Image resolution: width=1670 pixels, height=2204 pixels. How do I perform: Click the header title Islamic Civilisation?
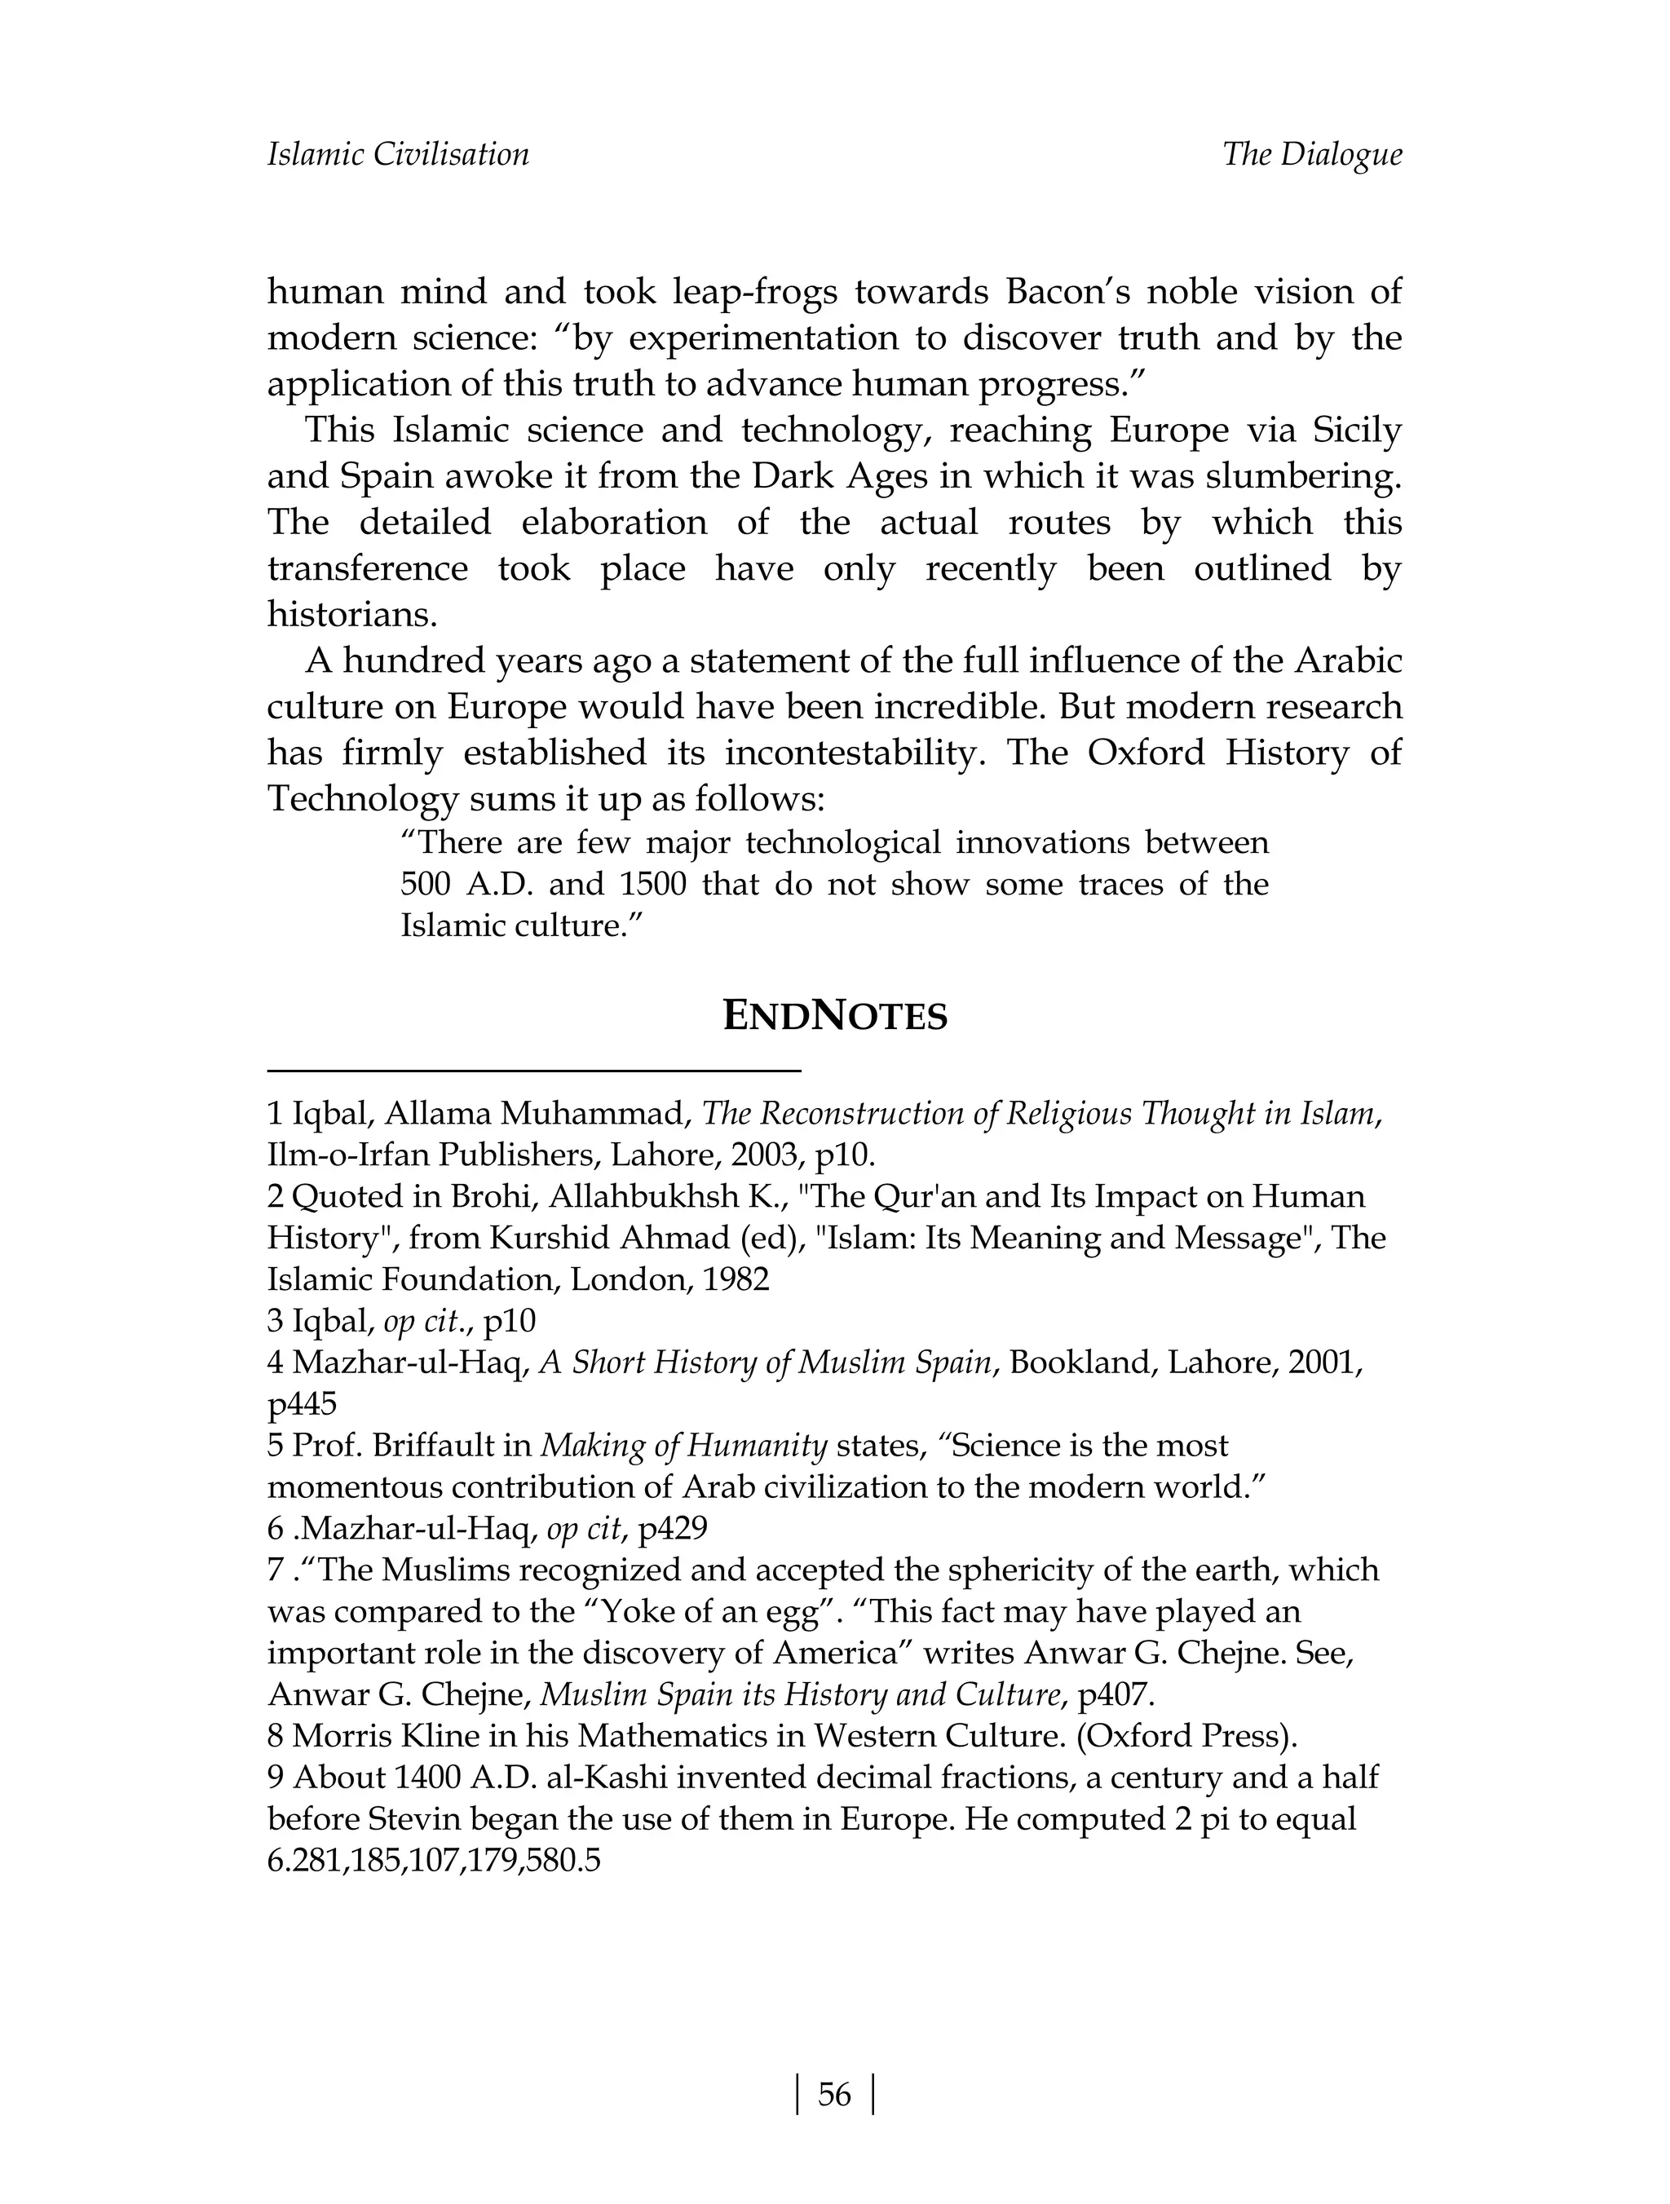[398, 154]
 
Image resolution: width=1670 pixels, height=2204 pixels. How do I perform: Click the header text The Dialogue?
[1312, 154]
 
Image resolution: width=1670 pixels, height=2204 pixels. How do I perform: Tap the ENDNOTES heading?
[834, 1016]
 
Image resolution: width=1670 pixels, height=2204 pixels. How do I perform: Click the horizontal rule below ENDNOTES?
[534, 1070]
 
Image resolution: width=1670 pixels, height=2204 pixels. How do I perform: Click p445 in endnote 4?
[302, 1404]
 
